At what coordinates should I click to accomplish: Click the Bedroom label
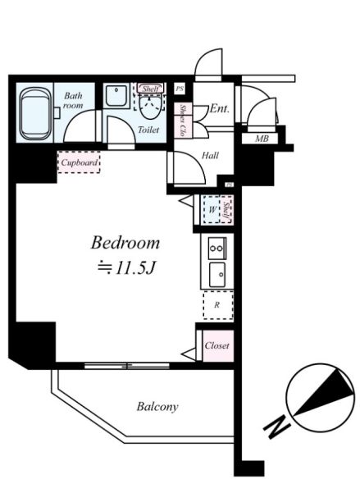(125, 244)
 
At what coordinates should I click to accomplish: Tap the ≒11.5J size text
(125, 266)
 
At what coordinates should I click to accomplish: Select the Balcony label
(157, 406)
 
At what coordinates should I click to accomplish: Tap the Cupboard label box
(80, 162)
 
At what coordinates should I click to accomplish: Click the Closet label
(216, 345)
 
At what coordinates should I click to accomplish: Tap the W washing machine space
(212, 210)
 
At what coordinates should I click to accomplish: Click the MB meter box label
(262, 139)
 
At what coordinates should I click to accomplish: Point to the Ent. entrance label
(220, 108)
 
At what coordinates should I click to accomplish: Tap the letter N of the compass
(276, 427)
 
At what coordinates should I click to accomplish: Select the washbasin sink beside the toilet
(115, 97)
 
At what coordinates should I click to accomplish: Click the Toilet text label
(148, 130)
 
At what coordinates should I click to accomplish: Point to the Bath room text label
(74, 101)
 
